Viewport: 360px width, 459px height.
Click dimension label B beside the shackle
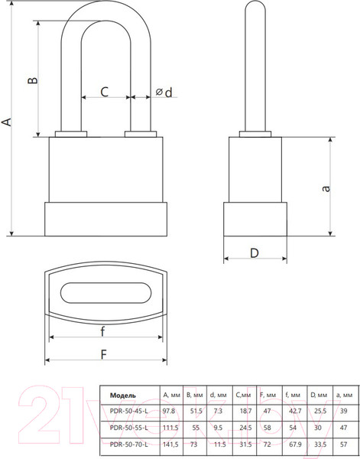pyautogui.click(x=33, y=80)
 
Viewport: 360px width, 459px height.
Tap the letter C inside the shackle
pyautogui.click(x=105, y=92)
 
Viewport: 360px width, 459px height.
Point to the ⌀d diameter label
pyautogui.click(x=164, y=93)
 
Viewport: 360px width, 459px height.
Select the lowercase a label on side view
pyautogui.click(x=326, y=188)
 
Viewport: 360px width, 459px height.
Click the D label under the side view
pyautogui.click(x=255, y=253)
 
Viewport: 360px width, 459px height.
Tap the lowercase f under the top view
pyautogui.click(x=102, y=332)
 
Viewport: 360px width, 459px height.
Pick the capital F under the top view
pyautogui.click(x=104, y=354)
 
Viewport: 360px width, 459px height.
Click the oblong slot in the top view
pyautogui.click(x=106, y=293)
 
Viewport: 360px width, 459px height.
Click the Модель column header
pyautogui.click(x=123, y=396)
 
